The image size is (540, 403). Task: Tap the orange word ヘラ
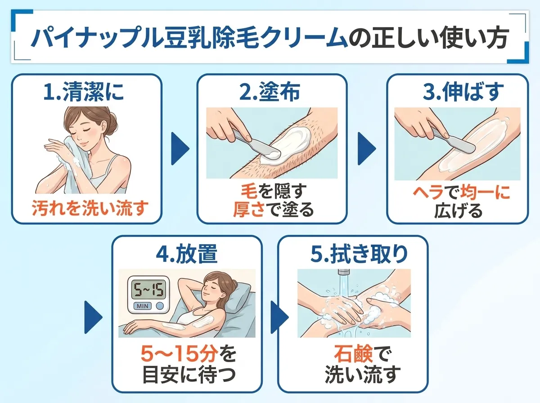click(x=428, y=193)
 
